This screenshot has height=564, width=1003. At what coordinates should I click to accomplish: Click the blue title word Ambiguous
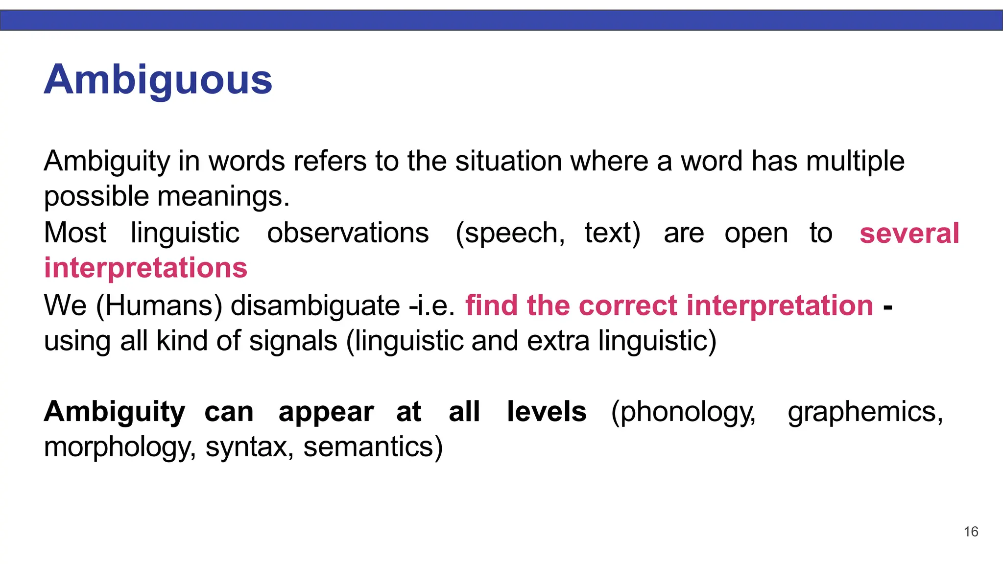[x=158, y=80]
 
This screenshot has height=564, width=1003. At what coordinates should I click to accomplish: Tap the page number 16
[x=971, y=532]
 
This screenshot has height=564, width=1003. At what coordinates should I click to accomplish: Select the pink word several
[x=909, y=233]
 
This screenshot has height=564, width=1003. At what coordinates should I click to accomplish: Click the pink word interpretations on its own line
[x=145, y=268]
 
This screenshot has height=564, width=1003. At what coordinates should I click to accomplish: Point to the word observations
[x=348, y=233]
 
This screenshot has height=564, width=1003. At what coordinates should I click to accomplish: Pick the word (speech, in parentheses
[x=510, y=233]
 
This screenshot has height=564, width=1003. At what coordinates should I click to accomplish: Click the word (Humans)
[x=159, y=305]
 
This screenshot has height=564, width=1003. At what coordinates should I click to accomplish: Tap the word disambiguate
[x=315, y=305]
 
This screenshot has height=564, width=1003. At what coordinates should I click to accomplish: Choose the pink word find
[x=491, y=305]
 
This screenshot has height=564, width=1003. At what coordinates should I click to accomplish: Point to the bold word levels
[x=547, y=411]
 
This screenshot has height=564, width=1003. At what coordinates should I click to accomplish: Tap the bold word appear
[x=326, y=412]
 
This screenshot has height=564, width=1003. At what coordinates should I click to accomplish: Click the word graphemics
[x=865, y=412]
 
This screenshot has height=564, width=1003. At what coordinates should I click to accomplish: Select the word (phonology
[x=684, y=412]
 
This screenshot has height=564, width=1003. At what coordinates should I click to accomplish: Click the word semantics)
[x=373, y=447]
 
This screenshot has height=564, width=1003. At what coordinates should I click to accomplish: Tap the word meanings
[x=224, y=197]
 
